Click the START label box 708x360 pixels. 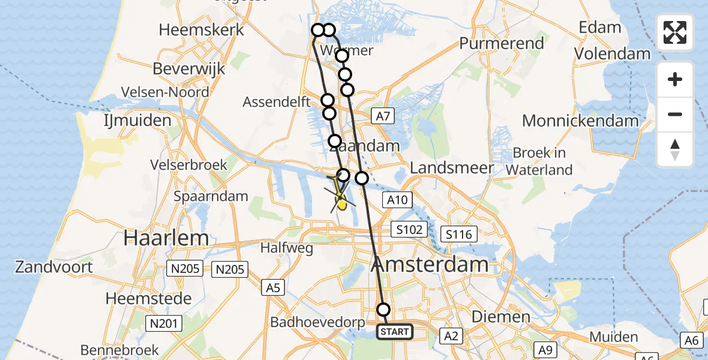tap(395, 331)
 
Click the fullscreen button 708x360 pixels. tap(675, 32)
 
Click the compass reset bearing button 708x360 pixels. tap(675, 149)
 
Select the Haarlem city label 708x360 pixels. tap(166, 238)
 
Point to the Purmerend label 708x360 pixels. tap(502, 43)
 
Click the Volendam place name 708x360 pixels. tap(612, 53)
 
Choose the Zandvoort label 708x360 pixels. tap(55, 266)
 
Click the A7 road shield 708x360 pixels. tap(382, 116)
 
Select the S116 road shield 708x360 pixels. tap(458, 233)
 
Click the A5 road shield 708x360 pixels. tap(273, 288)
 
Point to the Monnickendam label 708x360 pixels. tap(580, 121)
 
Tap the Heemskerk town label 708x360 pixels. tap(202, 29)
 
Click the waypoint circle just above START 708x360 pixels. tap(383, 310)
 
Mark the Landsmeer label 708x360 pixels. tap(452, 168)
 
